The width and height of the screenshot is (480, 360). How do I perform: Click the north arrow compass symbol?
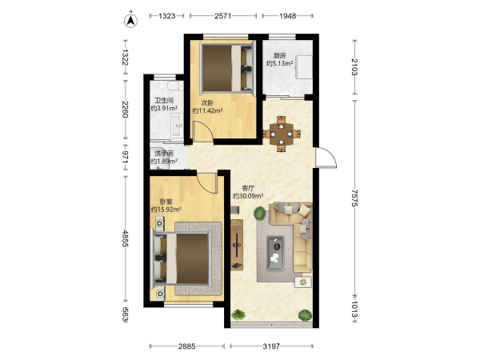[x=130, y=20]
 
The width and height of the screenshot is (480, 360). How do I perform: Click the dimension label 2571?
[x=222, y=16]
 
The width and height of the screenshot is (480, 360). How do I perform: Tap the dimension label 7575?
[x=354, y=198]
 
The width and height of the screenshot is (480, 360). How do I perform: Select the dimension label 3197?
[x=271, y=346]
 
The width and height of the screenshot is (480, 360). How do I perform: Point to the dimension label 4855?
[x=126, y=238]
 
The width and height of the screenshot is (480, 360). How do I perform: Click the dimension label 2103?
[x=354, y=67]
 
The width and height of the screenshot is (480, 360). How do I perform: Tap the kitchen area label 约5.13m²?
[x=279, y=63]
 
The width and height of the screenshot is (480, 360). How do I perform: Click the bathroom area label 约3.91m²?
[x=164, y=108]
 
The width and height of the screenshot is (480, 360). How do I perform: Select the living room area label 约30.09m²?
[x=248, y=196]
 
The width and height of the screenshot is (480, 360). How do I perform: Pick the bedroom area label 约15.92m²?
[x=166, y=210]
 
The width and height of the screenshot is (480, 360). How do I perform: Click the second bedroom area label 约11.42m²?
[x=207, y=110]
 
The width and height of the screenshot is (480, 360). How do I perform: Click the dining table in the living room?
[x=282, y=134]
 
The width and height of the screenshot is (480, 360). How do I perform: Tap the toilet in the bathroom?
[x=175, y=86]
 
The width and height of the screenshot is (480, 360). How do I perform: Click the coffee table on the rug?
[x=275, y=254]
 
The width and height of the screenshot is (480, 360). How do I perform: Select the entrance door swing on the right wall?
[x=326, y=158]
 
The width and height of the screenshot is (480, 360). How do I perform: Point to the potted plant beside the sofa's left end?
[x=259, y=213]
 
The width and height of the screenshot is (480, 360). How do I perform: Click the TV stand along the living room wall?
[x=237, y=245]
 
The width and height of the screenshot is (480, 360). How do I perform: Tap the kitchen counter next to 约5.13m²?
[x=304, y=67]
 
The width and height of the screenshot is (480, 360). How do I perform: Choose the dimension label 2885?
[x=186, y=346]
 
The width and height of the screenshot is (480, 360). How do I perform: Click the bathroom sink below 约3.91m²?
[x=177, y=125]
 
